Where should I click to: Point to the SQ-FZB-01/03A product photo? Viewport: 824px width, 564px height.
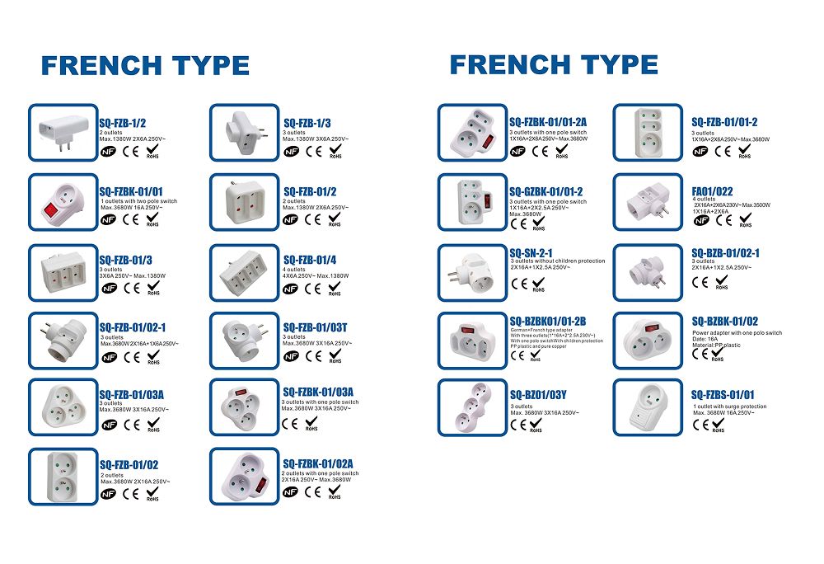click(63, 407)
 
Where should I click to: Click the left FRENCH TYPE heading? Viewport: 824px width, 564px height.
click(145, 65)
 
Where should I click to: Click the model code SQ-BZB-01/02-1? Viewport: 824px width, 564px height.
click(725, 254)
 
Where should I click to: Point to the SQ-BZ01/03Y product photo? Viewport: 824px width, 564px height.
click(472, 407)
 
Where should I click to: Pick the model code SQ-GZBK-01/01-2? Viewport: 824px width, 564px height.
click(545, 191)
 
